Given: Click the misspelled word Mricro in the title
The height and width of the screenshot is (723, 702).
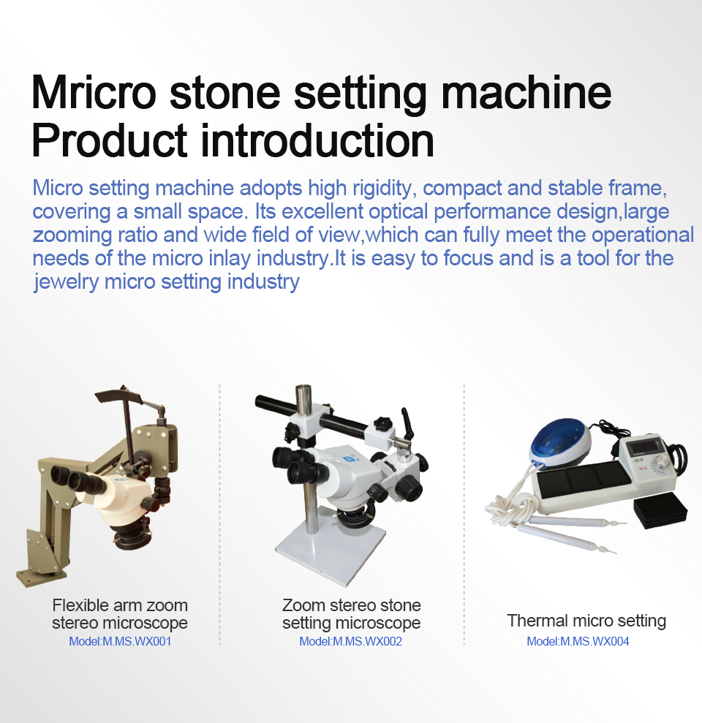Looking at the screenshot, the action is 94,92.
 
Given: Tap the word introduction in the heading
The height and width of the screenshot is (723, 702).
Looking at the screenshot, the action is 317,140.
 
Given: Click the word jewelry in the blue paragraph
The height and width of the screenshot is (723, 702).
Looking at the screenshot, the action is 66,281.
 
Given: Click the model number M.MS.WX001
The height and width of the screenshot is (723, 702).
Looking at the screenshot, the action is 137,641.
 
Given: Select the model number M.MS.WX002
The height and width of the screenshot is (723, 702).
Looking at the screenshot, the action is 367,641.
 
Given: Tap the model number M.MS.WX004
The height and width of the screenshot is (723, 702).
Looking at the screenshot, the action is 595,641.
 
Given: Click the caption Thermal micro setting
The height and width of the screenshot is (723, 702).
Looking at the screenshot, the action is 586,621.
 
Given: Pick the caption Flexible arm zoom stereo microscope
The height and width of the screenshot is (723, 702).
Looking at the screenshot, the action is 120,614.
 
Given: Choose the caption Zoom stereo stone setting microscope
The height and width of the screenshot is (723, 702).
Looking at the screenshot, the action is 352,614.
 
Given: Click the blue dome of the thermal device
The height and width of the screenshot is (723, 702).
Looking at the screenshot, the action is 559,442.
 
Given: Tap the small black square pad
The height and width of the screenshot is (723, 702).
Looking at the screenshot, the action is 660,510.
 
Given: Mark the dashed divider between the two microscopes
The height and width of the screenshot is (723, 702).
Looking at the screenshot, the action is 220,514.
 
